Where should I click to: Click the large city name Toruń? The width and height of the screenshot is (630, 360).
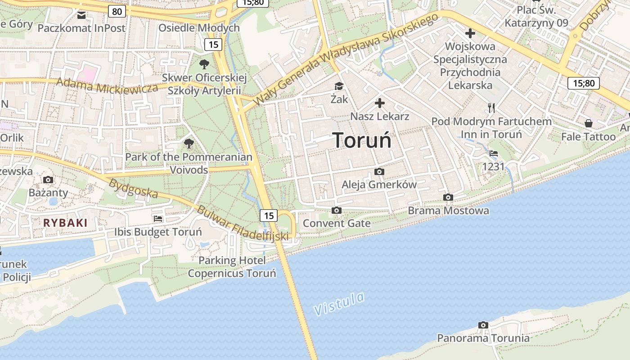(x=362, y=140)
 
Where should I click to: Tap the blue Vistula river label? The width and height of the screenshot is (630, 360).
(x=339, y=304)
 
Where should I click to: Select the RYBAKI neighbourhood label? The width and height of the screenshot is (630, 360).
(x=65, y=223)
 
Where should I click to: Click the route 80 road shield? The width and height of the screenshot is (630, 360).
(x=117, y=11)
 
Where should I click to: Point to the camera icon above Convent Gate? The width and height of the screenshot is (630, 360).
(x=336, y=210)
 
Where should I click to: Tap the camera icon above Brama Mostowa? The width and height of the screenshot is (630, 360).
(x=448, y=197)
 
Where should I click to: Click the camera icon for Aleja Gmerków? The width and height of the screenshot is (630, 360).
(x=379, y=171)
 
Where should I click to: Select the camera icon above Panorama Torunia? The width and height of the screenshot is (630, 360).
(x=483, y=325)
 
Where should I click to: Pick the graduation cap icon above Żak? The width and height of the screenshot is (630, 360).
(x=339, y=86)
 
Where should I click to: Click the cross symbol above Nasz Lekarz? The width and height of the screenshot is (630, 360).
(x=380, y=103)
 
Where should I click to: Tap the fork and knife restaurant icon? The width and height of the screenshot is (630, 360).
(x=491, y=108)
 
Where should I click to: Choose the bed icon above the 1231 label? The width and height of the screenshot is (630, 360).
(x=493, y=153)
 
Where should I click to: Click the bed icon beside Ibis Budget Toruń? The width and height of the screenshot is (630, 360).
(x=158, y=219)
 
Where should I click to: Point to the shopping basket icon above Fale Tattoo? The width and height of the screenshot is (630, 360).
(x=588, y=123)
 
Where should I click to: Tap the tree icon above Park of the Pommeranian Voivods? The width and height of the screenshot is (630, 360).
(x=189, y=144)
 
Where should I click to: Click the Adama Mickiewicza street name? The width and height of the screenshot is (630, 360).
(x=108, y=85)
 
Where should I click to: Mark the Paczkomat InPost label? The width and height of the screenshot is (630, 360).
(x=81, y=28)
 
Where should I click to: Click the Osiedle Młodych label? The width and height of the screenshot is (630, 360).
(x=199, y=28)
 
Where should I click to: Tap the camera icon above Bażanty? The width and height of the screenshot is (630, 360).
(x=48, y=180)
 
